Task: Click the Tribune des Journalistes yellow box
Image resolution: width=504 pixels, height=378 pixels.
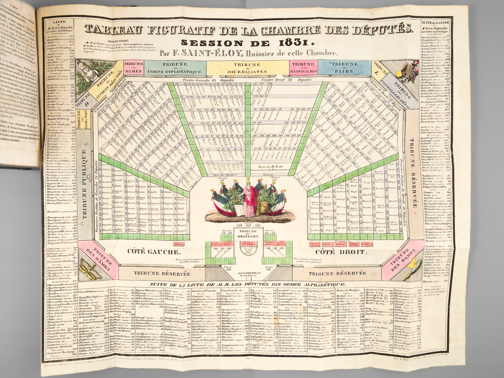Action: click(248, 67)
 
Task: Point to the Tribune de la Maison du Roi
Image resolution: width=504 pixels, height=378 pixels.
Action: click(303, 67)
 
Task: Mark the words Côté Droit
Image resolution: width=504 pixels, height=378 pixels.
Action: click(340, 252)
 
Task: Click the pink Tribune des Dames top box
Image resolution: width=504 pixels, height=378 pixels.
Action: click(133, 67)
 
